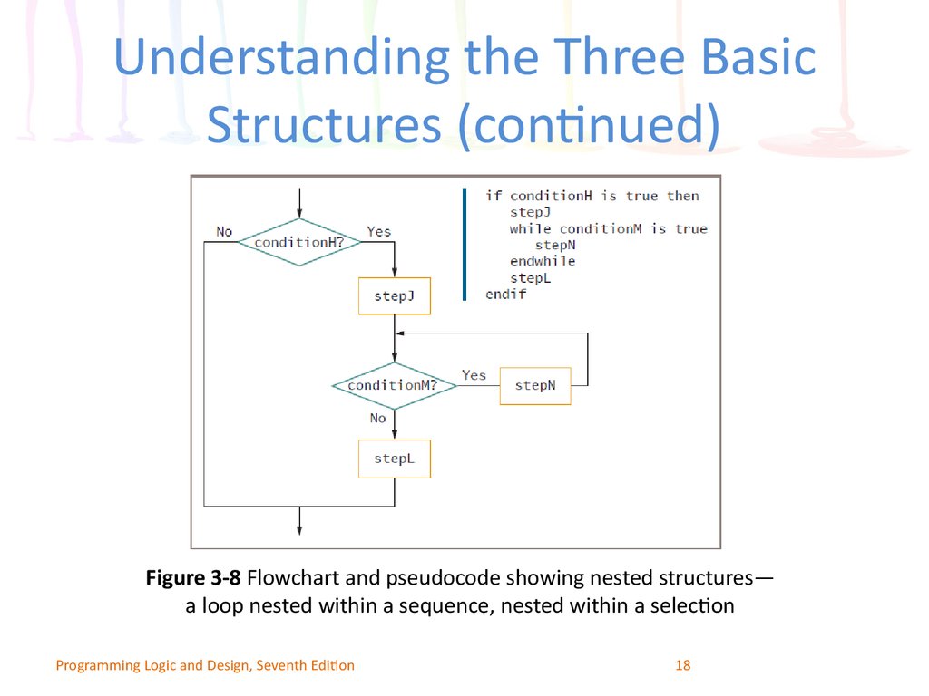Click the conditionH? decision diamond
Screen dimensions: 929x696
tap(299, 242)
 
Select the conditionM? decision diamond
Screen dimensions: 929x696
tap(395, 385)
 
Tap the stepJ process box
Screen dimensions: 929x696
tap(395, 296)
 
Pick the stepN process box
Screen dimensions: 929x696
tap(535, 386)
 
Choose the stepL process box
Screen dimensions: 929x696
tap(395, 459)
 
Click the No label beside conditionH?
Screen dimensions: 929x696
tap(224, 231)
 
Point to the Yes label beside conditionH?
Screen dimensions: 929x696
tap(378, 231)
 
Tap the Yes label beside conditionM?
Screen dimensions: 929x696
tap(474, 375)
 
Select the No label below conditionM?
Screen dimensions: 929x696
tap(378, 418)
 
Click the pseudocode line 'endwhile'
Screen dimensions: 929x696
tap(543, 261)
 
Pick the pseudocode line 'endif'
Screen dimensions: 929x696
tap(506, 295)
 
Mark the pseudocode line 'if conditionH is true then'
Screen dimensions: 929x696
tap(592, 196)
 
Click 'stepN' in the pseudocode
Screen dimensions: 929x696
tap(555, 245)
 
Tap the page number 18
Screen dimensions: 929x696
tap(682, 665)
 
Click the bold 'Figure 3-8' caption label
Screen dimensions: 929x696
tap(193, 577)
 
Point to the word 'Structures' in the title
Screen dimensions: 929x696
tap(324, 124)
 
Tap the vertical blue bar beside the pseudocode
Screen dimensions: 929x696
tap(464, 245)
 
